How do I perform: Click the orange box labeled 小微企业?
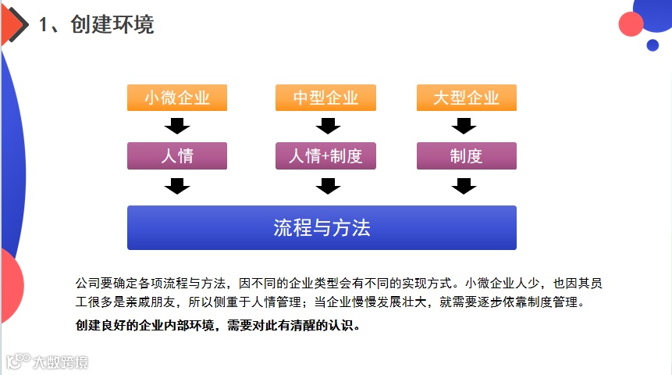(177, 98)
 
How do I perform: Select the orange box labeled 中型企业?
(325, 98)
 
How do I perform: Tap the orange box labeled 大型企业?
(466, 98)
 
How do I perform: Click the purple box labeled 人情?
(177, 155)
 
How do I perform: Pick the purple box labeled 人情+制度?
(325, 155)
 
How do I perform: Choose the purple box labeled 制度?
(466, 155)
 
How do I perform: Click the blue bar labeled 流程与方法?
(322, 227)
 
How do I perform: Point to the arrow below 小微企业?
(177, 125)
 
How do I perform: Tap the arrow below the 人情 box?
(177, 186)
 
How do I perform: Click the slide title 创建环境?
(112, 24)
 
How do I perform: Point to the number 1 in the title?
(44, 25)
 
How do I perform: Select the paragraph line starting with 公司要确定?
(339, 283)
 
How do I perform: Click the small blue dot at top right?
(652, 45)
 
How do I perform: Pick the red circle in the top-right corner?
(631, 24)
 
